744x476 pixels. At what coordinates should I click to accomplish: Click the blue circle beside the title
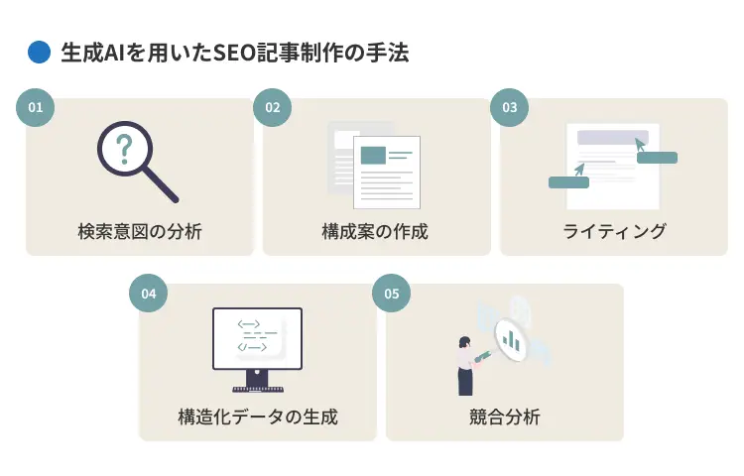(39, 52)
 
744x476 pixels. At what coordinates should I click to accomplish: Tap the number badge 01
(36, 107)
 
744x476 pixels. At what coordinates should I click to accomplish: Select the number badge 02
(272, 107)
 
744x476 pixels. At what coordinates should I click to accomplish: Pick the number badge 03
(509, 107)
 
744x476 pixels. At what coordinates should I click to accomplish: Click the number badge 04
(149, 294)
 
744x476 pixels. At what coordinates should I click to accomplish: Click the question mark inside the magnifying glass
(124, 150)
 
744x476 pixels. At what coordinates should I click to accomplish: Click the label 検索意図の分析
(140, 232)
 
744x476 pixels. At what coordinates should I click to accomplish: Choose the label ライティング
(614, 232)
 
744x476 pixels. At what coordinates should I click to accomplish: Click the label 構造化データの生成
(257, 417)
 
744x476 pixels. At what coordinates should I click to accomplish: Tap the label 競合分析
(504, 417)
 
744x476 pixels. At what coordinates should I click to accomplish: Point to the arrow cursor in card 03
(640, 146)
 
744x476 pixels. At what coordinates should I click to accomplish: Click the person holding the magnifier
(465, 365)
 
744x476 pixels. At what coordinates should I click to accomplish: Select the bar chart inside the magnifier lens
(512, 341)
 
